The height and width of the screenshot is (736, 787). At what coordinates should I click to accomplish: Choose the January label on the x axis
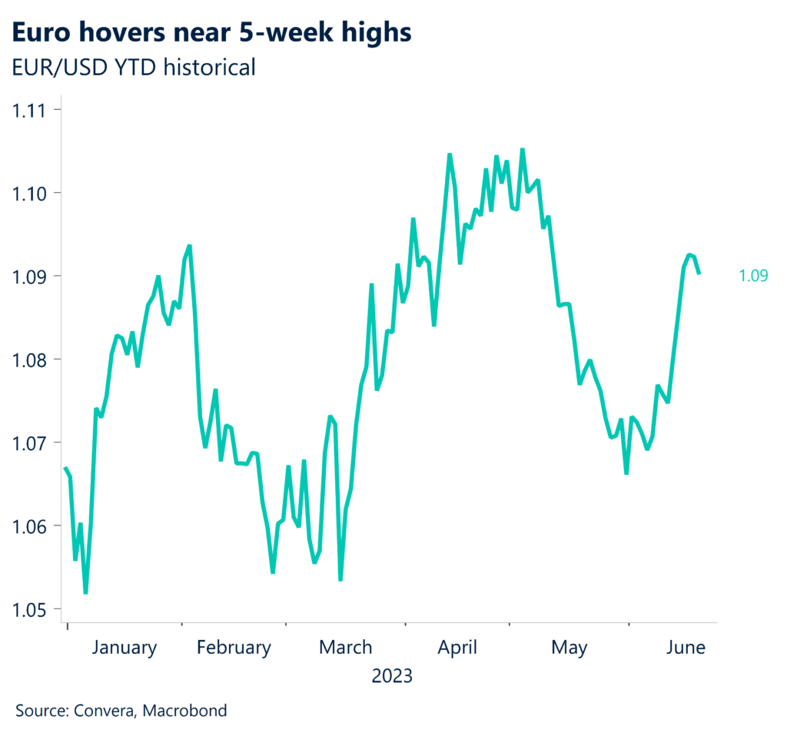click(x=124, y=648)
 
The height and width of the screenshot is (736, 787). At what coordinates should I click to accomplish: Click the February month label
click(x=234, y=648)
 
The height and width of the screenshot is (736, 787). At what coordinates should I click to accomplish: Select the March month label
click(x=345, y=648)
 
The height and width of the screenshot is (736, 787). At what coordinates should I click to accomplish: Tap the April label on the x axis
click(x=457, y=648)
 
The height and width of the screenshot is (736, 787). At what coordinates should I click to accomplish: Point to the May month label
click(x=569, y=648)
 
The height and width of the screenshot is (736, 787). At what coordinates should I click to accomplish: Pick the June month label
click(x=686, y=648)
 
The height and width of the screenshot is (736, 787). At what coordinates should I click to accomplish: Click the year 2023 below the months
click(x=392, y=677)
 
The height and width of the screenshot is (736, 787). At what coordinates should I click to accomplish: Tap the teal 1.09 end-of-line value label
click(x=753, y=276)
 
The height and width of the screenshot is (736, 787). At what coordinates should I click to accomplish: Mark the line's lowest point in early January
click(x=85, y=592)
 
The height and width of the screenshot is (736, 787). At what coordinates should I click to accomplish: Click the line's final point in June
click(x=699, y=273)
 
